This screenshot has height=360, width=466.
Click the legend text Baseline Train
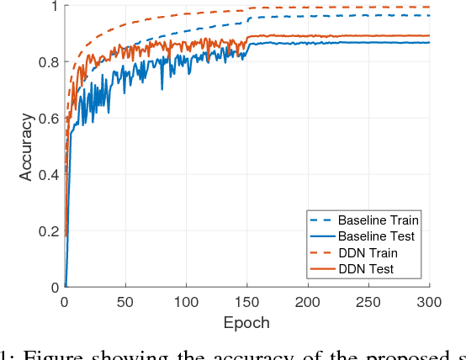[379, 220]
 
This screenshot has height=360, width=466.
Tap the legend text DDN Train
[369, 252]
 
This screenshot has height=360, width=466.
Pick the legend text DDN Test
[366, 269]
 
